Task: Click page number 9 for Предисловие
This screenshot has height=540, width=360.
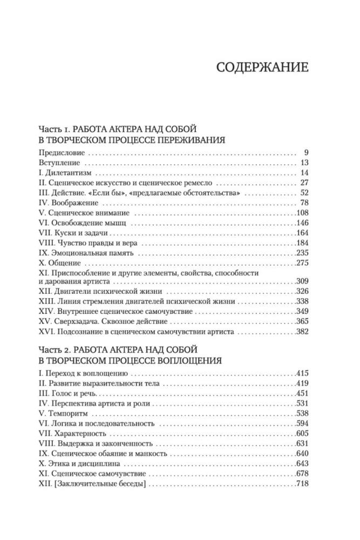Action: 305,152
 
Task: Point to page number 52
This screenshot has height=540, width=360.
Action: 303,193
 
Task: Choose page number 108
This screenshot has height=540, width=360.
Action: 302,213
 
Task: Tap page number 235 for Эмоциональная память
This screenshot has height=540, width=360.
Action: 302,253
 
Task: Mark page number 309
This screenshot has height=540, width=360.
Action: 302,282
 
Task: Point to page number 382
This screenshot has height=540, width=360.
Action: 302,332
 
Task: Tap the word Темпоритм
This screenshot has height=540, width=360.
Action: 66,413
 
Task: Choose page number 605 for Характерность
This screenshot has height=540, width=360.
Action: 302,434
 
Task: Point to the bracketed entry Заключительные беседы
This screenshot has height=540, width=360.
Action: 92,484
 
